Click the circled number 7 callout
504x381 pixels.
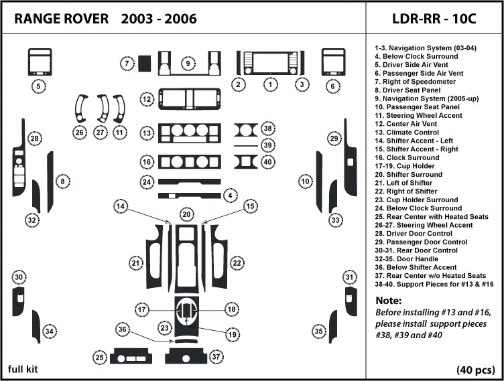pyautogui.click(x=125, y=64)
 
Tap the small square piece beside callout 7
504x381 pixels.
pyautogui.click(x=144, y=63)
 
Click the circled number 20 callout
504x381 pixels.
pyautogui.click(x=187, y=214)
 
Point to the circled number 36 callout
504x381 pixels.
pyautogui.click(x=121, y=329)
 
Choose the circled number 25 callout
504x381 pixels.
pyautogui.click(x=99, y=358)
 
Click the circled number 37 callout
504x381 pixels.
pyautogui.click(x=215, y=358)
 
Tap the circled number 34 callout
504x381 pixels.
pyautogui.click(x=49, y=331)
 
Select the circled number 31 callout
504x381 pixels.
pyautogui.click(x=349, y=277)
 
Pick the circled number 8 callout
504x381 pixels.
pyautogui.click(x=62, y=181)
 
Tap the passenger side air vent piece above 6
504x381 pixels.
pyautogui.click(x=332, y=62)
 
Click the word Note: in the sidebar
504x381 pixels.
pyautogui.click(x=388, y=301)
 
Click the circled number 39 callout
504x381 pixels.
pyautogui.click(x=267, y=145)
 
